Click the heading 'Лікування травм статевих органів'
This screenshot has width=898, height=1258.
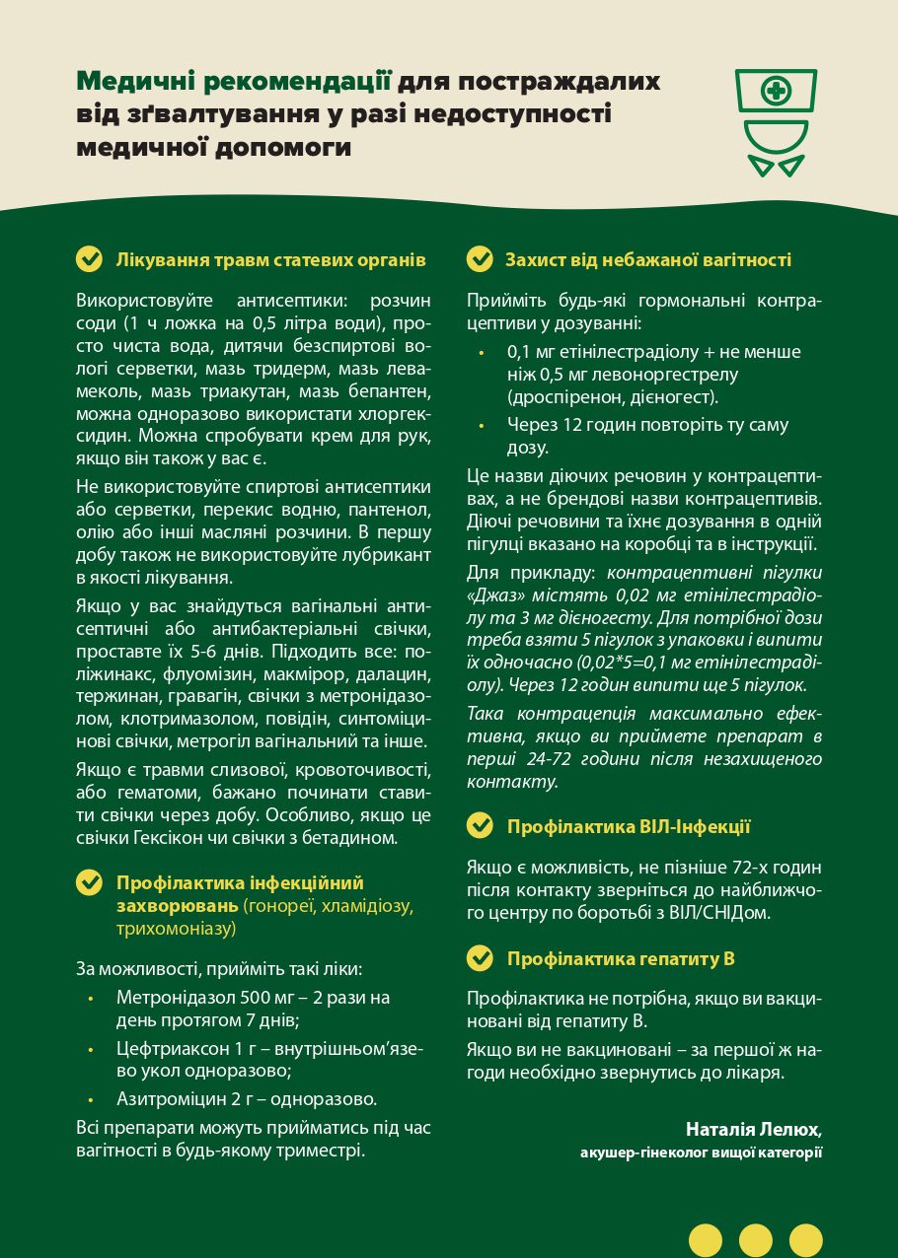coord(270,260)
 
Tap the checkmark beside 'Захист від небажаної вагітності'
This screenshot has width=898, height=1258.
coord(480,259)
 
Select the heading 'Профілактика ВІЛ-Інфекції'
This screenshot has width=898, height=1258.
coord(629,827)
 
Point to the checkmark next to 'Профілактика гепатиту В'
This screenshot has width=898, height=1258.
coord(480,957)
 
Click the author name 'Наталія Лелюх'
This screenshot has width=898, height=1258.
coord(754,1128)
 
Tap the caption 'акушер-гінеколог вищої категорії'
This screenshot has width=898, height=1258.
coord(701,1152)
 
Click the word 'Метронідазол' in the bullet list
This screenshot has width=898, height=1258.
coord(172,998)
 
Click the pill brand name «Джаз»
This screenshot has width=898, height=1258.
coord(498,596)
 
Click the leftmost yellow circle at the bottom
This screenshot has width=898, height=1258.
coord(706,1239)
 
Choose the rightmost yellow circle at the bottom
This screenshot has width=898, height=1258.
coord(806,1239)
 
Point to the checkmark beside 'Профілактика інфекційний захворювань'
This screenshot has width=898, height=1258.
coord(90,882)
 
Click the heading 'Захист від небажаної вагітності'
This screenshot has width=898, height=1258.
coord(648,260)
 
